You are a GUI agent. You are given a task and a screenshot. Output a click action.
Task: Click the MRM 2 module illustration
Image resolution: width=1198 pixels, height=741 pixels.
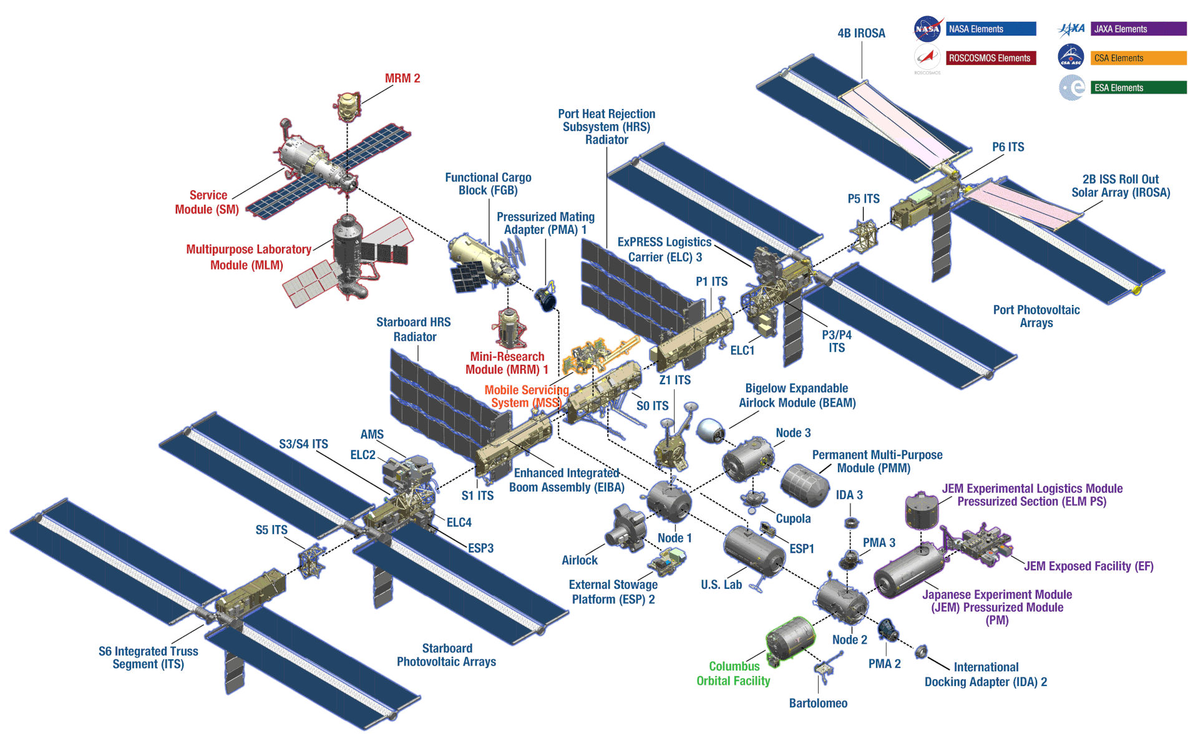click(348, 106)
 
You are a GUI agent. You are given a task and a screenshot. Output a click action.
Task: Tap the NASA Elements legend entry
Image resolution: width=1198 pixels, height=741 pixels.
click(991, 29)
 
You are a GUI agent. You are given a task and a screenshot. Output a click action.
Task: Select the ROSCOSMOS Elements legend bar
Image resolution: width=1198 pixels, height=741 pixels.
click(991, 58)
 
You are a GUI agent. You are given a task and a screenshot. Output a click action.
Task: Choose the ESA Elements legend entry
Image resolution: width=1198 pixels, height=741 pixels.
click(1138, 88)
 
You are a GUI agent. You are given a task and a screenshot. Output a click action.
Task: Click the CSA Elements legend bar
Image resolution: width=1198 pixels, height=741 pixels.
click(1138, 58)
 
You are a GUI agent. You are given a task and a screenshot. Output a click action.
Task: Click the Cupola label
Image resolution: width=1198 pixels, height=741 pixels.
click(793, 519)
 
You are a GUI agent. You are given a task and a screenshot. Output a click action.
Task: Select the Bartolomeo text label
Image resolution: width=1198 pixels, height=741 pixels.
click(818, 704)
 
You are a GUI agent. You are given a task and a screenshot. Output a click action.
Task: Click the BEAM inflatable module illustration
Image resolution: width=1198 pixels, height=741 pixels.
click(710, 430)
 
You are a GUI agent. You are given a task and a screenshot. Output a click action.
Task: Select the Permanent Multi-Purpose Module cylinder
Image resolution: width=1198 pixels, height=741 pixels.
click(805, 485)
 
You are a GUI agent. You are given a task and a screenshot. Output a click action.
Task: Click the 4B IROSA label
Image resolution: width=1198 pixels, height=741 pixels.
click(861, 34)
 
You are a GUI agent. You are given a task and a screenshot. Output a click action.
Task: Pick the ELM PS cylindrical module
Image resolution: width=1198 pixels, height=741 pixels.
click(922, 510)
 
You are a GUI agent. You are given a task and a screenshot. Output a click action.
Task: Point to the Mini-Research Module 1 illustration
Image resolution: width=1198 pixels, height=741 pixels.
click(510, 327)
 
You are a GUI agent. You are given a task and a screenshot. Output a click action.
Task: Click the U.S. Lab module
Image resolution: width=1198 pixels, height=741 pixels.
click(754, 551)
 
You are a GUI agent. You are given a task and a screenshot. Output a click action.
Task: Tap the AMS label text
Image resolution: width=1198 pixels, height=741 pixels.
click(372, 435)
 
